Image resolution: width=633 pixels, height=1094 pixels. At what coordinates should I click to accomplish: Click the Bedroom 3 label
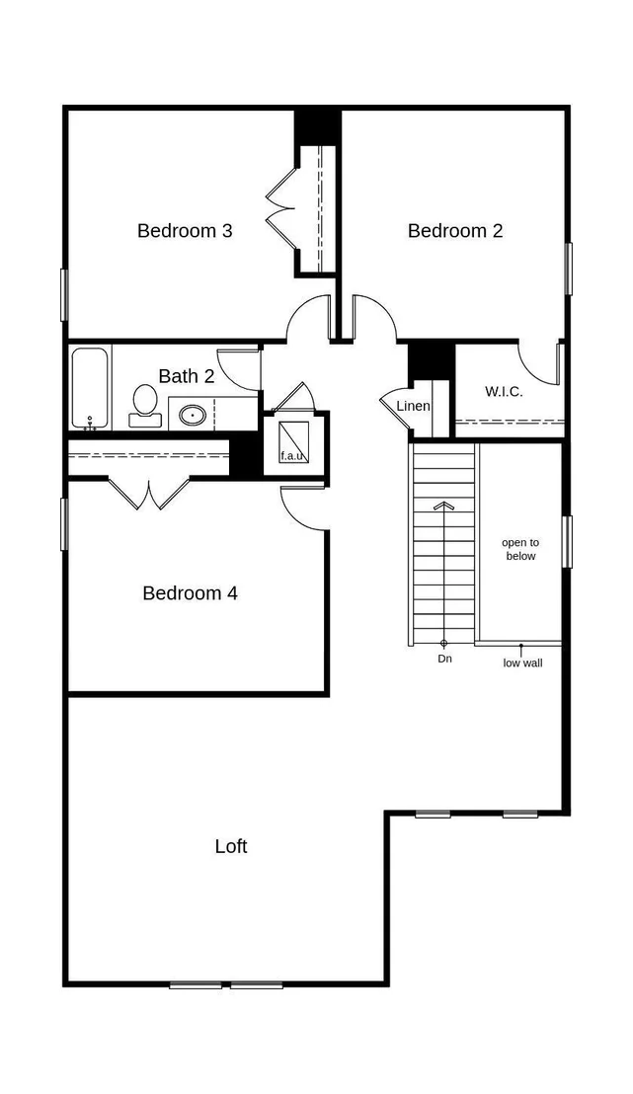pyautogui.click(x=185, y=230)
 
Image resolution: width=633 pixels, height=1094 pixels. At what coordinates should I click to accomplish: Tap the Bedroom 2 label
pyautogui.click(x=455, y=230)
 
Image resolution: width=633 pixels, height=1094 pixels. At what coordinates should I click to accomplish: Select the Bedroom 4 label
pyautogui.click(x=190, y=593)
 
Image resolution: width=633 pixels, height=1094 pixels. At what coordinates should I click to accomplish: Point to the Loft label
pyautogui.click(x=231, y=846)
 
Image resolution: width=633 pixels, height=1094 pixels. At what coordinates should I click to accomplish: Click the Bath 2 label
pyautogui.click(x=187, y=376)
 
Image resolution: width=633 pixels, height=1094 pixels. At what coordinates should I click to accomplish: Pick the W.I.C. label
pyautogui.click(x=504, y=391)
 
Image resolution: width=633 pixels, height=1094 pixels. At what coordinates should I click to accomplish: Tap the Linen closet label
pyautogui.click(x=413, y=406)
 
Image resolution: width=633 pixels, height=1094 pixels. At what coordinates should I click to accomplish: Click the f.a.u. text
pyautogui.click(x=293, y=456)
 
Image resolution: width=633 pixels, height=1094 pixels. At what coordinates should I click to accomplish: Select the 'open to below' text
pyautogui.click(x=520, y=549)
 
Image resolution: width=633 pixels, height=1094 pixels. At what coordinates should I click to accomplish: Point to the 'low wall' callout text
pyautogui.click(x=522, y=663)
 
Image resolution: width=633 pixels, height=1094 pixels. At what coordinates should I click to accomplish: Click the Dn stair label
pyautogui.click(x=444, y=659)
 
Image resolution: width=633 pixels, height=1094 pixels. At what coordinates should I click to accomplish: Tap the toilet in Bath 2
pyautogui.click(x=145, y=406)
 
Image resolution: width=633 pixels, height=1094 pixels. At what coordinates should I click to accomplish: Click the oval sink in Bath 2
pyautogui.click(x=191, y=415)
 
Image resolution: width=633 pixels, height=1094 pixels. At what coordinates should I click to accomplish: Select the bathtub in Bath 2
pyautogui.click(x=91, y=388)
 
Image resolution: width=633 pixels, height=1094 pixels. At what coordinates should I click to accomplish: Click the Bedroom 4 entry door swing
pyautogui.click(x=303, y=508)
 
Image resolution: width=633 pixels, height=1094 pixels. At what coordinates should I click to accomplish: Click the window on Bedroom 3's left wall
pyautogui.click(x=64, y=295)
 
